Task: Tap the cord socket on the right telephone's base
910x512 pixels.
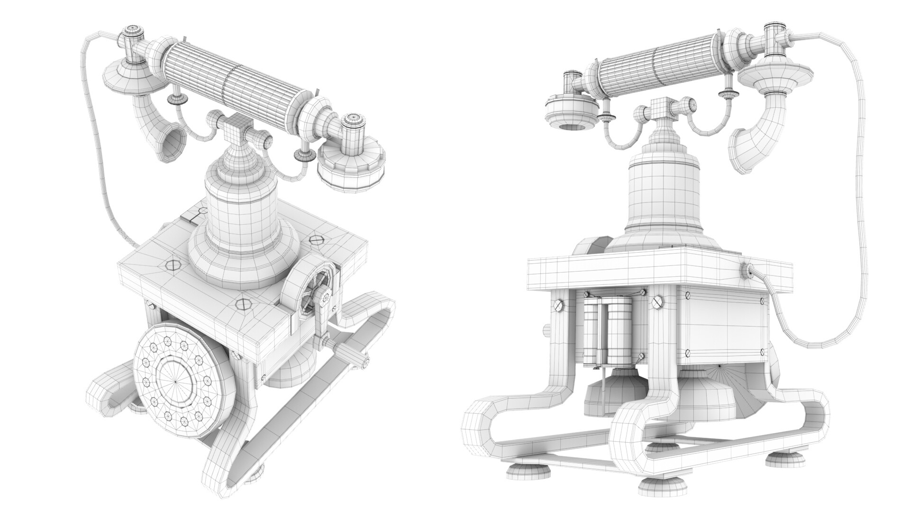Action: click(x=747, y=271)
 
